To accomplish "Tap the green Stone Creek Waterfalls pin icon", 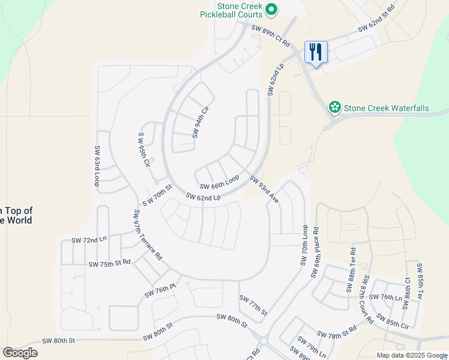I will pos(334,108).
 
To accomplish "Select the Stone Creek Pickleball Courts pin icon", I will pos(271,9).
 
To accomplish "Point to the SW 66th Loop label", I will pos(219,182).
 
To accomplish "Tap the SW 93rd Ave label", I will pos(265,189).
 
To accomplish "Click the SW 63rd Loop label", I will pos(96,166).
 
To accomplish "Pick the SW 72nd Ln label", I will pos(89,240).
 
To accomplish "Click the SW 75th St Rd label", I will pos(109,264).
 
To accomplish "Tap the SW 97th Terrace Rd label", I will pos(148,234).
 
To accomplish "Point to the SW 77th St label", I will pos(253,305).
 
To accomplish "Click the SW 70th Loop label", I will pos(304,247).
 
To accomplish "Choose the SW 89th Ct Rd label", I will pos(270,36).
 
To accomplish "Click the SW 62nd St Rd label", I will pos(376,19).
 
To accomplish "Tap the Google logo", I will pos(20,353).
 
